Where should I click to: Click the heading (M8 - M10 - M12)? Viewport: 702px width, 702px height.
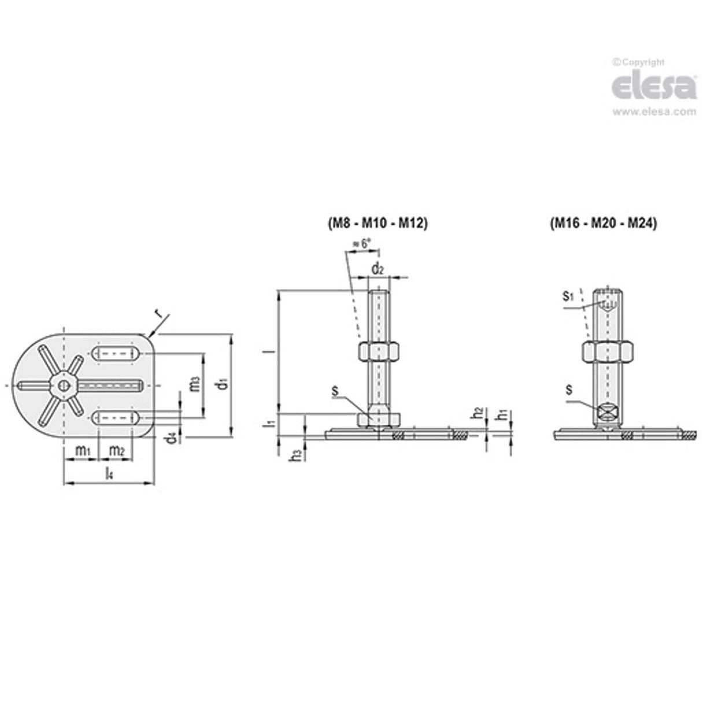pyautogui.click(x=376, y=224)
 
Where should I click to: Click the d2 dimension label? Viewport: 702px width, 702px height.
pyautogui.click(x=378, y=268)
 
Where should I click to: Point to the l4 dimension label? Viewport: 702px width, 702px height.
pyautogui.click(x=109, y=474)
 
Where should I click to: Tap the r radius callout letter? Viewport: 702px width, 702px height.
pyautogui.click(x=157, y=313)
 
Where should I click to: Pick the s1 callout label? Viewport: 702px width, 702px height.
pyautogui.click(x=568, y=297)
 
